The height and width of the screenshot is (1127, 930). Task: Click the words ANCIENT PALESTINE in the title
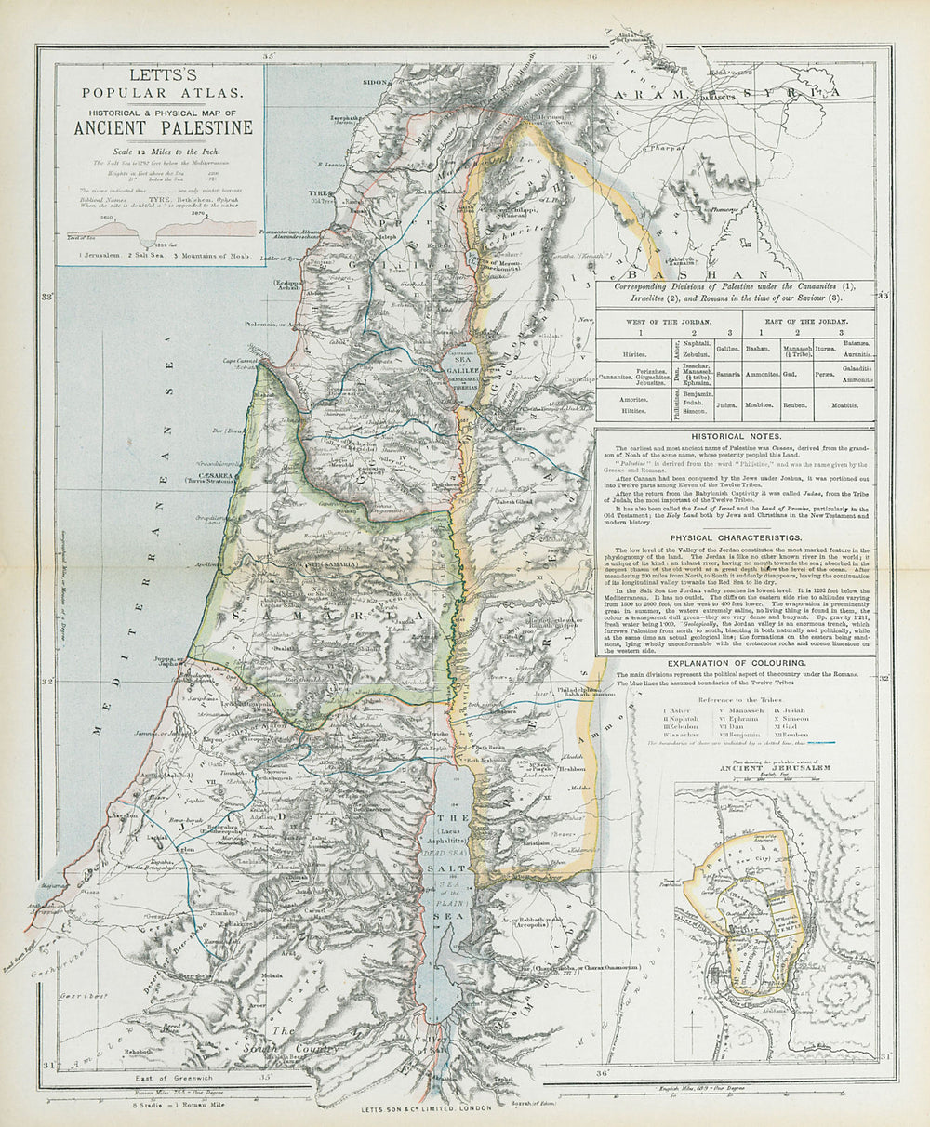(163, 128)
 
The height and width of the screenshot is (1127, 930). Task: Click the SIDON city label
(375, 82)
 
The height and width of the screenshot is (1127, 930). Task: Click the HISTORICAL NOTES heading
(735, 436)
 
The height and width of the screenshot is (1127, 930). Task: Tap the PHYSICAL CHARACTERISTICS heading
(735, 538)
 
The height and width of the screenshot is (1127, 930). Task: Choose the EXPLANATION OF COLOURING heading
(735, 662)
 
